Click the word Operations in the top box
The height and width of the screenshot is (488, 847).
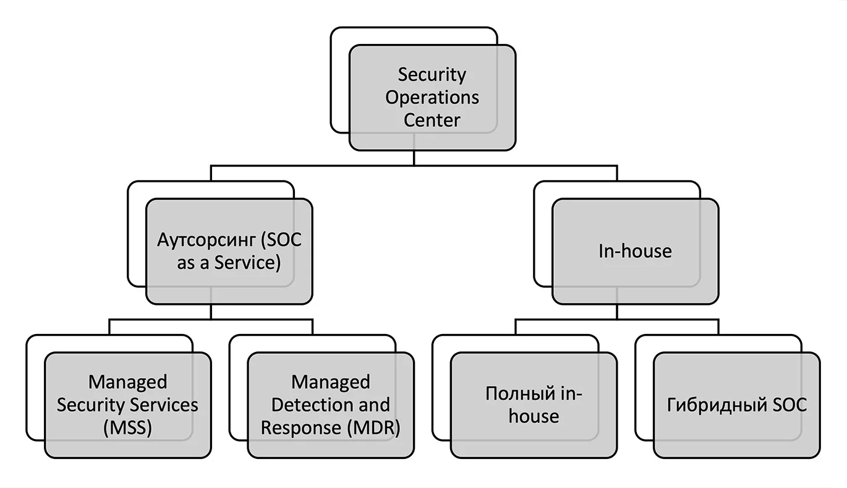(x=432, y=98)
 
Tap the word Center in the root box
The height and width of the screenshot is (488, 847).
(x=432, y=120)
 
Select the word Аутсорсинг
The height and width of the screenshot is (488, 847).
(x=206, y=241)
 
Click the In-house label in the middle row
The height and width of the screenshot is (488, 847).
(x=636, y=251)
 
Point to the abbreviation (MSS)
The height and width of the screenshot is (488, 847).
(x=128, y=428)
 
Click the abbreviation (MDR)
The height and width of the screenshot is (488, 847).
(x=373, y=428)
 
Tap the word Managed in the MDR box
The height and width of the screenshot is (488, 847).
(x=331, y=382)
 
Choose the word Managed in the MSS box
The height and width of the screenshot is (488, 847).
(x=128, y=382)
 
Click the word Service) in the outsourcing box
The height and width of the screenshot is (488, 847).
(x=248, y=263)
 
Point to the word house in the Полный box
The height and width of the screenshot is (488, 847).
(x=534, y=416)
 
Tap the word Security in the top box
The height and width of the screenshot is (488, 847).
(x=432, y=75)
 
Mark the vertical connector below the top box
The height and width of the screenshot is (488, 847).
(x=414, y=158)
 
